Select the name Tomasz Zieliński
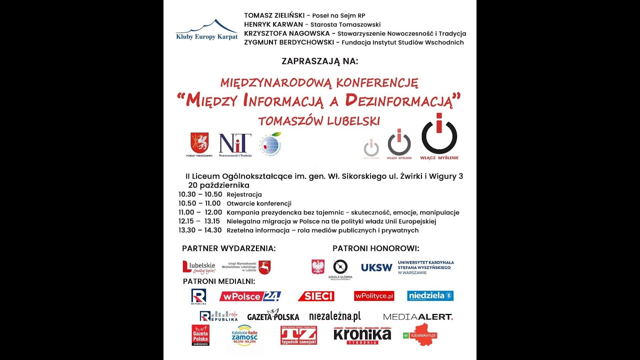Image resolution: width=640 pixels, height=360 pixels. tap(274, 15)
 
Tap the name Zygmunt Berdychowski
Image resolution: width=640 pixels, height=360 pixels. tap(289, 42)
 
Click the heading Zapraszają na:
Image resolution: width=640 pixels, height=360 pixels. tap(320, 61)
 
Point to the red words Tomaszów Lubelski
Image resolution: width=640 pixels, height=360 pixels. tap(319, 121)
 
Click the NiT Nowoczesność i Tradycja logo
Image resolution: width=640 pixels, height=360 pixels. tap(235, 144)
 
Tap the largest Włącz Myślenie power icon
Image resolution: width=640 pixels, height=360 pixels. tap(439, 136)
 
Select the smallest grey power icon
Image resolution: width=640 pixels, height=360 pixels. tap(371, 148)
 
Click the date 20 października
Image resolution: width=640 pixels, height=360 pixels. tap(218, 185)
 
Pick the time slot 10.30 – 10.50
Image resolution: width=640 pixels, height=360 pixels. tap(200, 194)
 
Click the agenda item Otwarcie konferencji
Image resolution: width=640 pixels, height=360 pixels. tap(258, 203)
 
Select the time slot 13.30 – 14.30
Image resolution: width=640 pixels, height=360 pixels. tap(200, 230)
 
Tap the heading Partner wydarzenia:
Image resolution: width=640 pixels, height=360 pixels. tap(228, 248)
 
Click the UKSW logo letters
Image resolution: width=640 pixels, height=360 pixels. tap(376, 267)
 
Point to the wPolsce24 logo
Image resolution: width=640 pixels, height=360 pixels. tap(250, 296)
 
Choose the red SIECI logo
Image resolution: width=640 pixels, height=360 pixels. tap(316, 296)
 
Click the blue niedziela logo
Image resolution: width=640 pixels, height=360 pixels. tap(430, 295)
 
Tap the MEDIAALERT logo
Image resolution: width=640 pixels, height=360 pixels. tap(417, 316)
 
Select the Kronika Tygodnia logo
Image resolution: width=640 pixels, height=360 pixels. tap(362, 335)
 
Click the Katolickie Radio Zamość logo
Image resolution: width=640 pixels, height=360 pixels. tap(244, 337)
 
